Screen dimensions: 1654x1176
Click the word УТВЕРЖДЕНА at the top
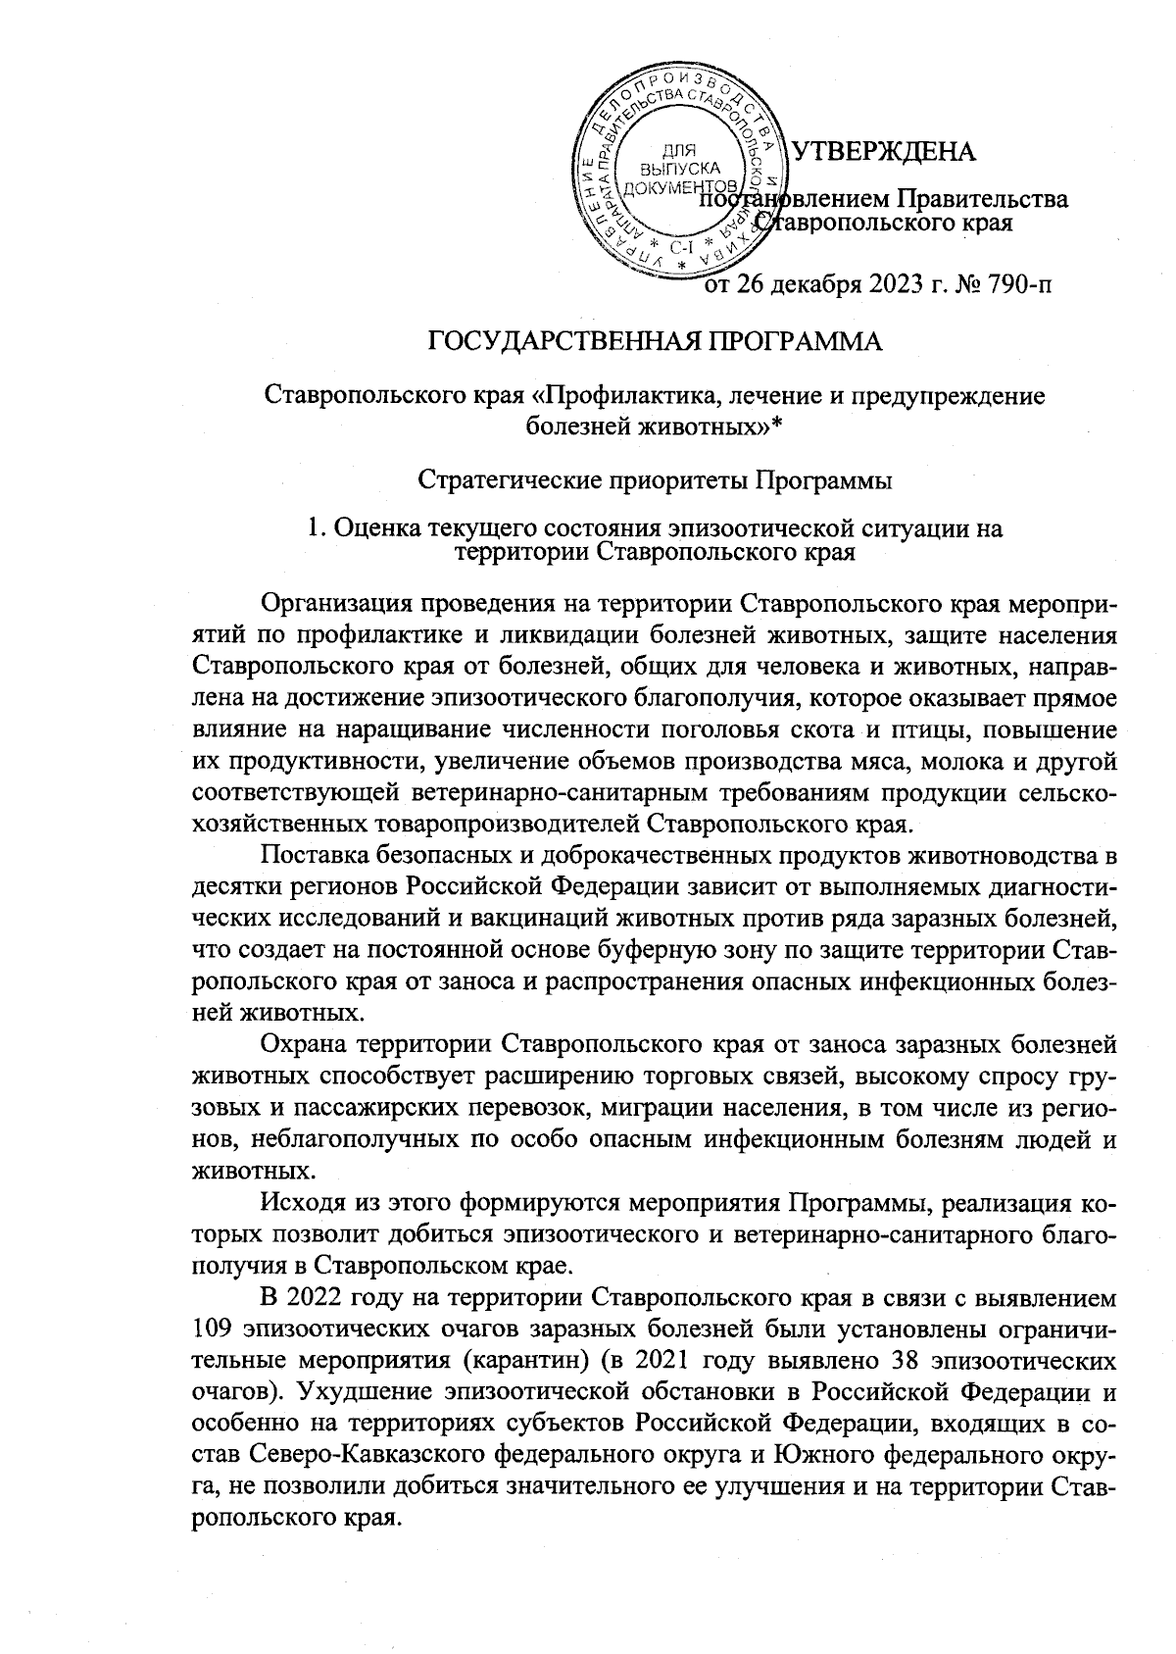pos(883,152)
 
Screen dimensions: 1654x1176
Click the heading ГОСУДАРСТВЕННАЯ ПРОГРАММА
pos(657,343)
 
